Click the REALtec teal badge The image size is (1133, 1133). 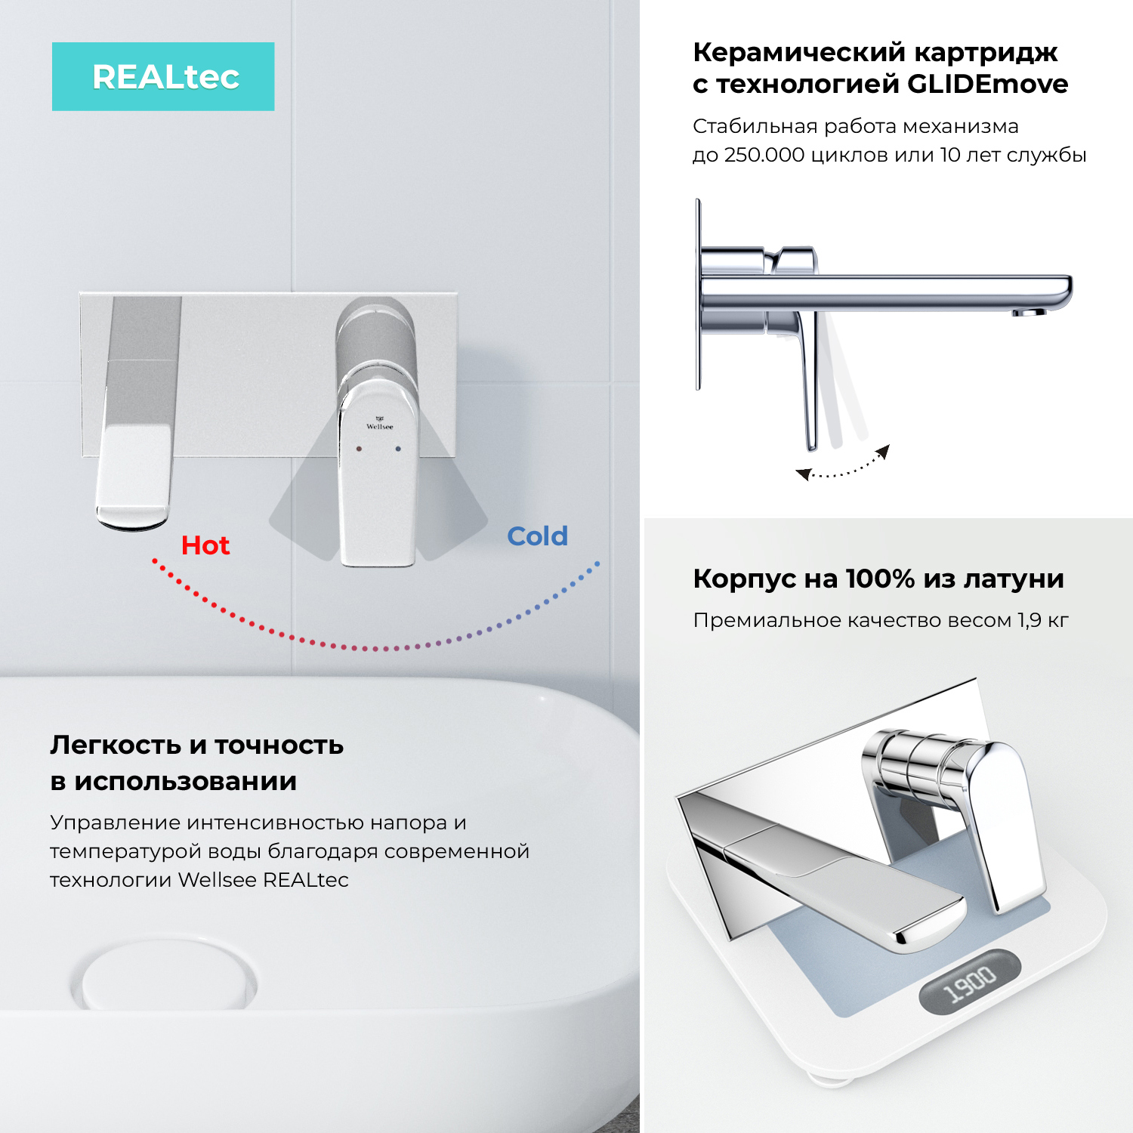point(163,77)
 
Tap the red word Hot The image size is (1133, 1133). point(205,545)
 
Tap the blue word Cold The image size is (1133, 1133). point(537,536)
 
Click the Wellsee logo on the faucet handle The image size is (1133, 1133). point(379,423)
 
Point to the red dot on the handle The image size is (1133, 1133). point(359,449)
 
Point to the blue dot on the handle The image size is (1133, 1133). point(398,449)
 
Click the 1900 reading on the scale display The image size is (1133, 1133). point(971,983)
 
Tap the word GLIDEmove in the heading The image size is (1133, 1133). point(987,84)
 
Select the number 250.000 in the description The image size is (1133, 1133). point(764,155)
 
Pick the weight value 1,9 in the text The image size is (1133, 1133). point(1030,620)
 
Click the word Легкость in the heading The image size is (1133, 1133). point(116,745)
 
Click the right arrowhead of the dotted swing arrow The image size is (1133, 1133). point(883,452)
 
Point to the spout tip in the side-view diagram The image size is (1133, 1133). point(1030,311)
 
